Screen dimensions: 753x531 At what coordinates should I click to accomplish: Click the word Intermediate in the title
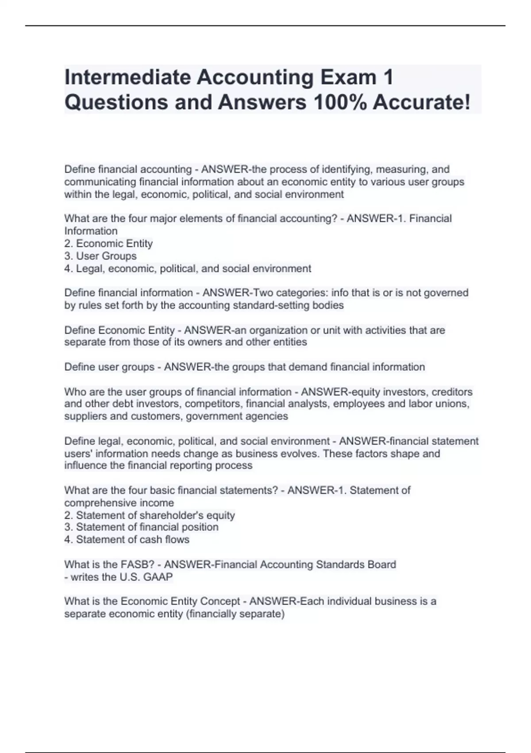[x=127, y=78]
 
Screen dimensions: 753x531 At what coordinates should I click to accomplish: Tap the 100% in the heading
[x=339, y=102]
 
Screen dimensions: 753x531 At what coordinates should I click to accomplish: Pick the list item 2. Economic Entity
[x=108, y=244]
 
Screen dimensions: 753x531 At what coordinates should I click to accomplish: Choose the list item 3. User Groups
[x=100, y=256]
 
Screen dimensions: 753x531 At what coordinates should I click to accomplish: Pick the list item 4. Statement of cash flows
[x=127, y=540]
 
